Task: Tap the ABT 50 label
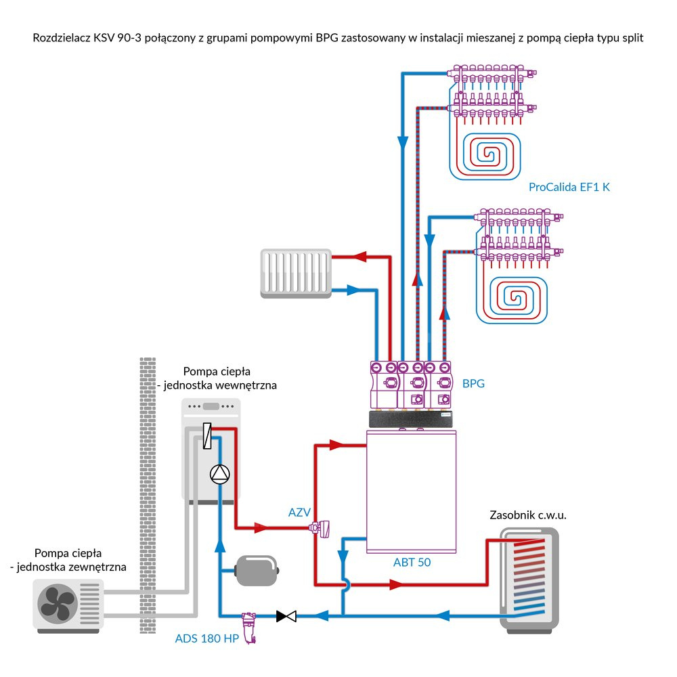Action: [412, 562]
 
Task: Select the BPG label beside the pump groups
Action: [473, 383]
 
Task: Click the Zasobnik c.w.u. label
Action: [527, 515]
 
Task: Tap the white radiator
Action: [295, 273]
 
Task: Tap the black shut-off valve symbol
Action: [286, 616]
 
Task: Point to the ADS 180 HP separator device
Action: [250, 626]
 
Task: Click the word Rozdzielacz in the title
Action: [62, 38]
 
